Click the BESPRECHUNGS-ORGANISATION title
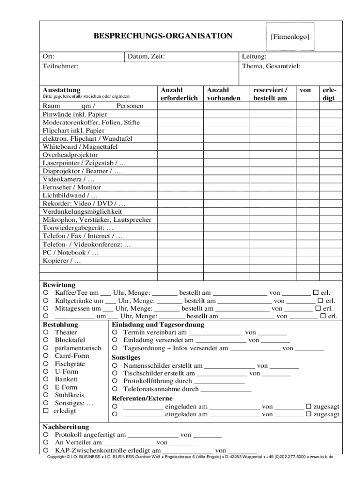(163, 36)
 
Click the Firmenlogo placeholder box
(290, 36)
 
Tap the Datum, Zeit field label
(146, 57)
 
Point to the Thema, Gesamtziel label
(271, 66)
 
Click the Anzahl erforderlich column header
(179, 94)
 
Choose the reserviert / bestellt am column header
(270, 94)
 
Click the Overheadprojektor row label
(71, 155)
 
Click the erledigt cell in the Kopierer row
(329, 261)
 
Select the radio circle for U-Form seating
(46, 371)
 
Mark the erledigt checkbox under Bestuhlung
(46, 411)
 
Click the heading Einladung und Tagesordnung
(158, 325)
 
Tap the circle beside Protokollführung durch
(115, 381)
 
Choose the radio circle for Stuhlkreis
(46, 395)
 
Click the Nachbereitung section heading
(66, 427)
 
